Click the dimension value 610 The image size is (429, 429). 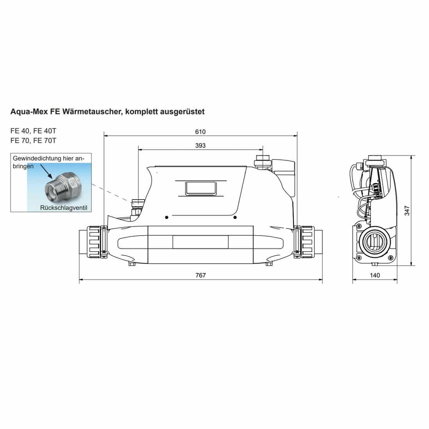click(200, 132)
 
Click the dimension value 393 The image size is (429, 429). click(200, 145)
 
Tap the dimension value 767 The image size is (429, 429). click(200, 275)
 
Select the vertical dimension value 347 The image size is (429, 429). click(407, 211)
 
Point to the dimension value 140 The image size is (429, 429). click(375, 275)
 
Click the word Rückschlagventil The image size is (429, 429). click(64, 207)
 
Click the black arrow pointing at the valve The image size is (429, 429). click(46, 171)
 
